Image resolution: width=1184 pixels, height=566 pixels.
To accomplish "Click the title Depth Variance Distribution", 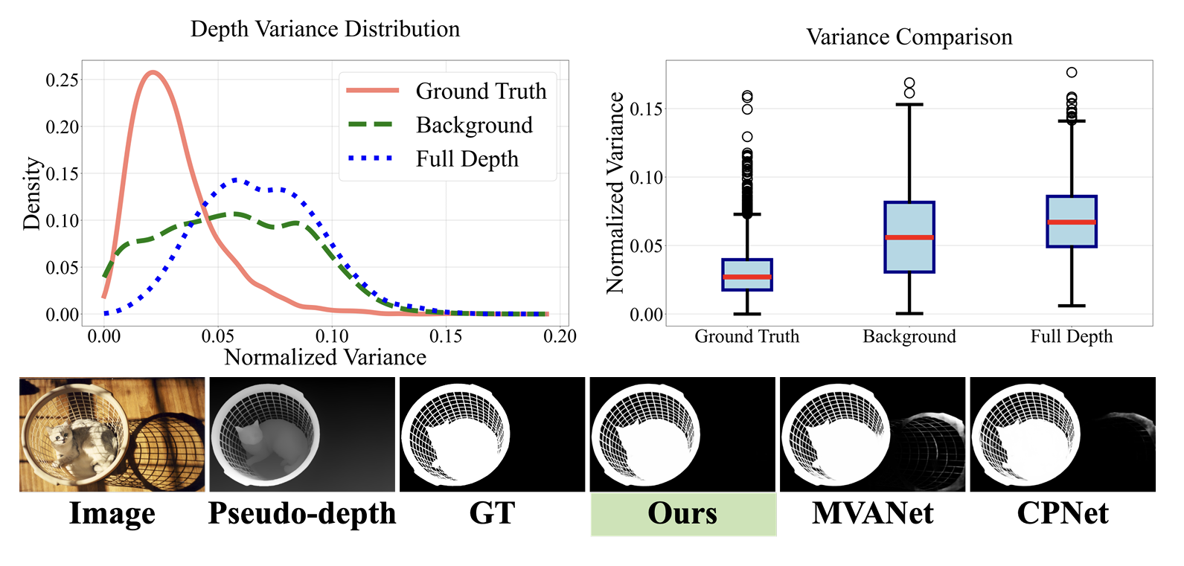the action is [325, 30].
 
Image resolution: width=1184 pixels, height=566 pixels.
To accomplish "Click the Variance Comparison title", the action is [909, 37].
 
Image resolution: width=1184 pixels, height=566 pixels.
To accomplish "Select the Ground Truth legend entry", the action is [447, 91].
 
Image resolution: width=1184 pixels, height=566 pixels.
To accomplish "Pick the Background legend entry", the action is [441, 125].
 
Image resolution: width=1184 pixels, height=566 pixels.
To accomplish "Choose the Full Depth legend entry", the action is [433, 159].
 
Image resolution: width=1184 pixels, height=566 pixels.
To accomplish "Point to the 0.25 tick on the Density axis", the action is [63, 80].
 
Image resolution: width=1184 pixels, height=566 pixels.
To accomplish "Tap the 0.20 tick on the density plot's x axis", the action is [560, 336].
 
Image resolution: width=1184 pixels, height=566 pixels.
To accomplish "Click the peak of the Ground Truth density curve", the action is [153, 72].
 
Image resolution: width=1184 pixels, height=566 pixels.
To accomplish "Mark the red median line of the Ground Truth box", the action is [747, 277].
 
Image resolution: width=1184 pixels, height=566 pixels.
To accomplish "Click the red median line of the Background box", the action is [909, 237].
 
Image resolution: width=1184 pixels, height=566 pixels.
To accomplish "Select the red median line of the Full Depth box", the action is [1072, 222].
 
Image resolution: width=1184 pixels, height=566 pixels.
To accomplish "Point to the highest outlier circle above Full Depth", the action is [1072, 72].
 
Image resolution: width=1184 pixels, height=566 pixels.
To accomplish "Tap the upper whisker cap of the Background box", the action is [909, 105].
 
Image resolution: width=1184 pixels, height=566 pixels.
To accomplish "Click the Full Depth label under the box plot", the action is [1072, 337].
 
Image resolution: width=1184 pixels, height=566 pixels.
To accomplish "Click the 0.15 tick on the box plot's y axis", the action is [647, 109].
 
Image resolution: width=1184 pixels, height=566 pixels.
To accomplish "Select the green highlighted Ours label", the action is [683, 514].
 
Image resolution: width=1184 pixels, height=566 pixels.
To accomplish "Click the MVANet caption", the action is [873, 513].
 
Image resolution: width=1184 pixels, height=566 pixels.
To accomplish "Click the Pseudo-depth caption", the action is [302, 514].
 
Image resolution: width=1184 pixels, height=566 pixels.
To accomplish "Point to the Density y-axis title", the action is [33, 193].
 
